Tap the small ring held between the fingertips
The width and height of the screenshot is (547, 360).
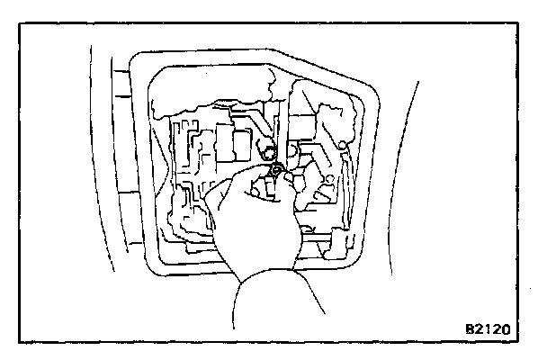[x=275, y=169]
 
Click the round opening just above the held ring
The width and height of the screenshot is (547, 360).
[x=265, y=149]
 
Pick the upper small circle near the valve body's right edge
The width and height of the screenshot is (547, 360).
[x=343, y=144]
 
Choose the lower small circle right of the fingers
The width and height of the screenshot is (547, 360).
[x=329, y=181]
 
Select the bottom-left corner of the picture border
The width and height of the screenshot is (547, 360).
[x=21, y=341]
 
